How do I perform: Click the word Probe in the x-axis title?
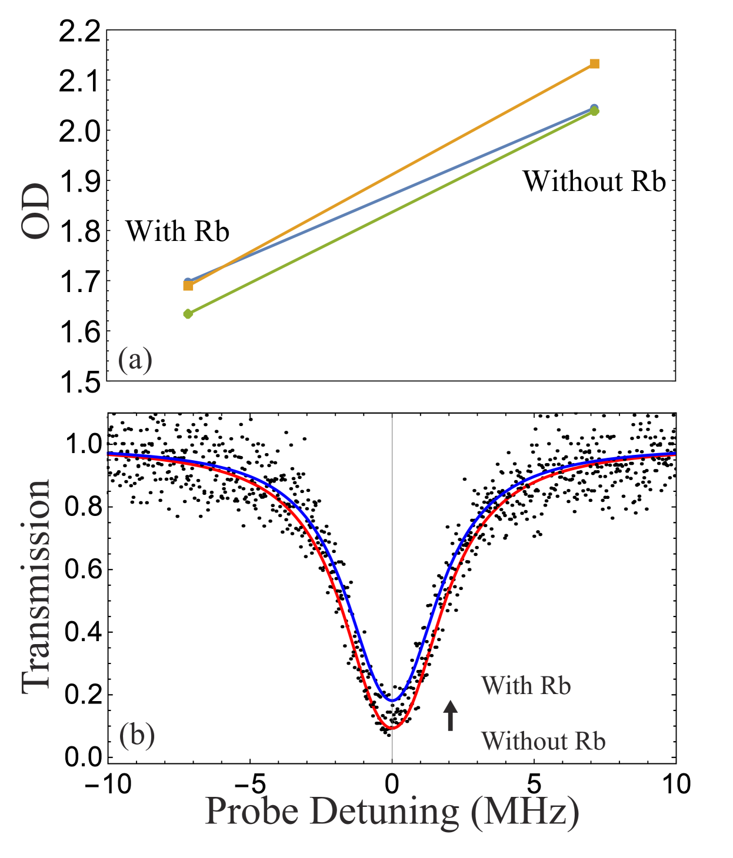251,812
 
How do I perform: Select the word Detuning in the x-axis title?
384,812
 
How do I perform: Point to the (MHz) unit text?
525,812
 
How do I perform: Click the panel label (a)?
135,360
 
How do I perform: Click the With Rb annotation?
525,686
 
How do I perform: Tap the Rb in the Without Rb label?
590,741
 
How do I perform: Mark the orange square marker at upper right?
594,63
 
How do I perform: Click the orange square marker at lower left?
188,286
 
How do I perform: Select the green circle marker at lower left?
188,314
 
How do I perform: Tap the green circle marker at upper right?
594,111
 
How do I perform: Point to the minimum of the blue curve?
392,701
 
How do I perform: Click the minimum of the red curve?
392,728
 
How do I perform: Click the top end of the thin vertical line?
392,415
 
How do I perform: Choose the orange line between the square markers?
391,175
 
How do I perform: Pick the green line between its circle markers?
391,213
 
